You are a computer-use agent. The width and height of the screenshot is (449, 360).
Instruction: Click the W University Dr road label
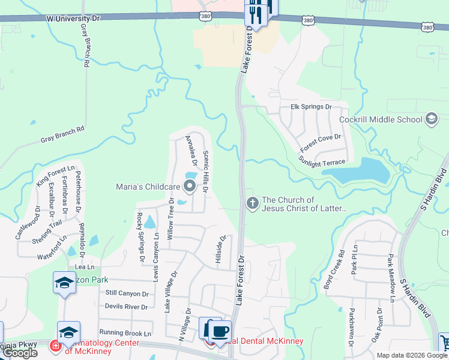[x=73, y=19]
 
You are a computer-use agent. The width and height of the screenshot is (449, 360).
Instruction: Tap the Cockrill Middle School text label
[x=381, y=119]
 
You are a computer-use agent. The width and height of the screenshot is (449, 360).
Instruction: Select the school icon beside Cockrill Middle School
[x=432, y=119]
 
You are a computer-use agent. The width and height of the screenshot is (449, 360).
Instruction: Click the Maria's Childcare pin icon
[x=190, y=186]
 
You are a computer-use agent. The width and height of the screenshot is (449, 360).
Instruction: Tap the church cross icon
[x=252, y=204]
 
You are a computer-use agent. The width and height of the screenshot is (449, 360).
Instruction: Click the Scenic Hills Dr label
[x=205, y=171]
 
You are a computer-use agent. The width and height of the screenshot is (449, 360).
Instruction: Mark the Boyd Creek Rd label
[x=334, y=270]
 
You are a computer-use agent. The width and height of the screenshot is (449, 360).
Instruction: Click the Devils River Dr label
[x=127, y=307]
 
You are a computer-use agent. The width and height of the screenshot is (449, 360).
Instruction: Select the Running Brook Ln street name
[x=125, y=332]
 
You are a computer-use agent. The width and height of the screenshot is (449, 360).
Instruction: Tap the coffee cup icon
[x=220, y=331]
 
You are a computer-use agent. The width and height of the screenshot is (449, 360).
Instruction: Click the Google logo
[x=20, y=353]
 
